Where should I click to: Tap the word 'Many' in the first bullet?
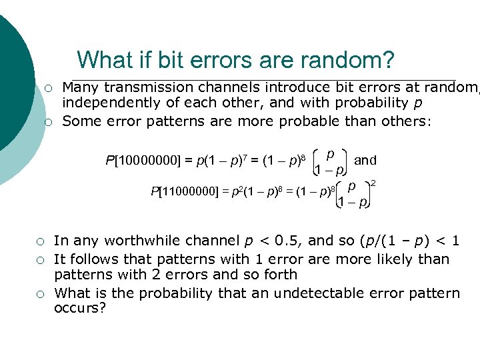79,87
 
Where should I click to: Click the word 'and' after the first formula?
365,160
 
